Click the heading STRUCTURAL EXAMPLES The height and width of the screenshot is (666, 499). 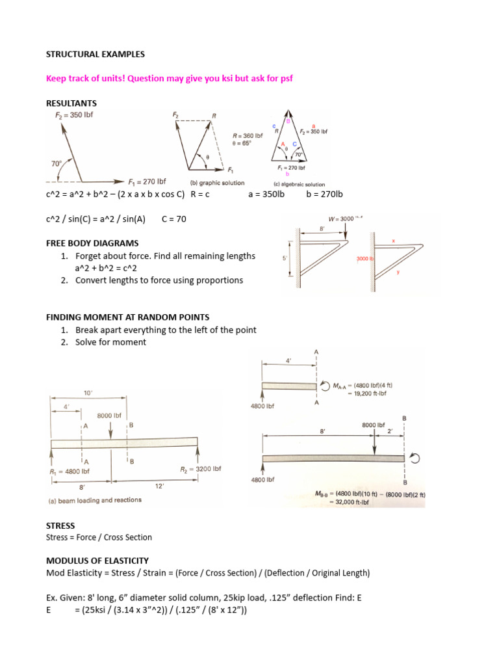coord(95,53)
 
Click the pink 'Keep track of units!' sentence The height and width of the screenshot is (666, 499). coord(174,79)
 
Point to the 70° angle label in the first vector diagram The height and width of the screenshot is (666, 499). coord(57,165)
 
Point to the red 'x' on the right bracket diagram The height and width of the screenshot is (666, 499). coord(394,240)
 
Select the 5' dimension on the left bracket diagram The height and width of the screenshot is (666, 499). coord(284,258)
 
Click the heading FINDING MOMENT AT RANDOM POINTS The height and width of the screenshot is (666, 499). coord(127,317)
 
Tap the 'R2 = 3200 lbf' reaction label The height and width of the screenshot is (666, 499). coord(200,469)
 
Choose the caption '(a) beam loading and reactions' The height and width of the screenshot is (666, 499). coord(96,500)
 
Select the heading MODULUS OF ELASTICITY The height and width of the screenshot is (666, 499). coord(97,560)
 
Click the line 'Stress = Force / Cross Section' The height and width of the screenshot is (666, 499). coord(99,537)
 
